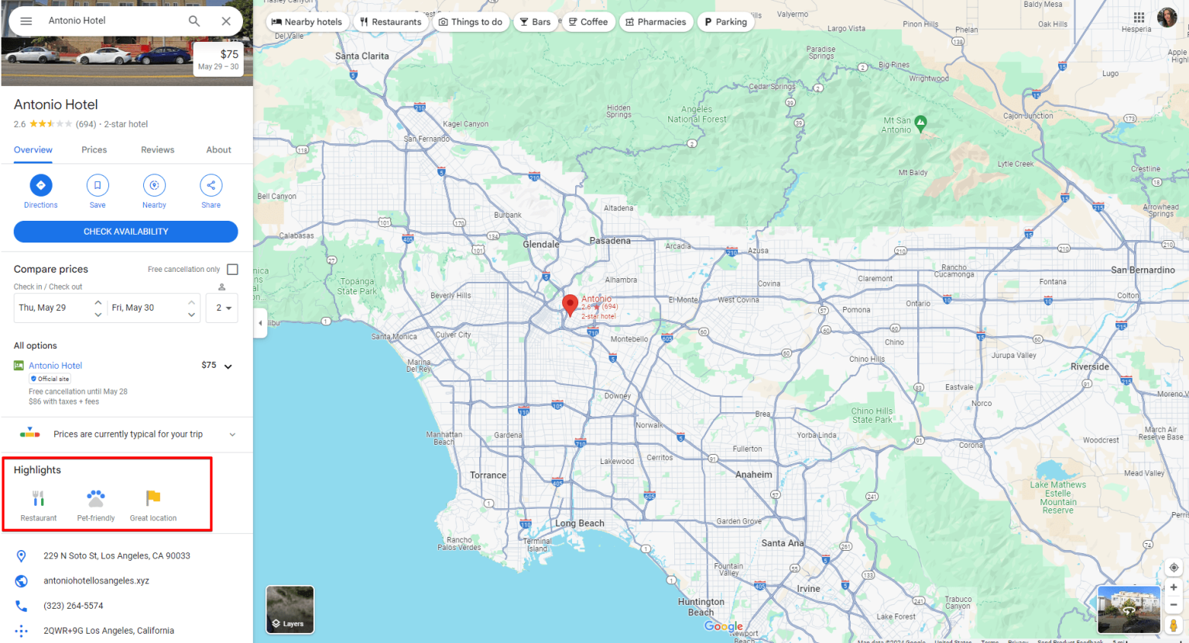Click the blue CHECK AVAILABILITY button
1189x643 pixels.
(125, 232)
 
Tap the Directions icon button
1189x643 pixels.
(41, 186)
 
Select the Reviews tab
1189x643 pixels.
(157, 150)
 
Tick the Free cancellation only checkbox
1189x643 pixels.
(232, 270)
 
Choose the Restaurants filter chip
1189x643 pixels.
(392, 22)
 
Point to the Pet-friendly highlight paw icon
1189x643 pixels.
(96, 498)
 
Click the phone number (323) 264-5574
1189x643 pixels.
(74, 606)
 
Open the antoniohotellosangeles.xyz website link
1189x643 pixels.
(96, 581)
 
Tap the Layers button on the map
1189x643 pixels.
(290, 610)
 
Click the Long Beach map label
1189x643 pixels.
(580, 524)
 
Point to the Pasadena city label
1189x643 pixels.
(610, 241)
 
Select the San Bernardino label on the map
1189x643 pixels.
(1143, 270)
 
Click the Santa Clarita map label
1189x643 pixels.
(361, 57)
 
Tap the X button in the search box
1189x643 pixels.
(226, 21)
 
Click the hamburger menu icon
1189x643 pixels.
(26, 21)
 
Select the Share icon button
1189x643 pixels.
(211, 186)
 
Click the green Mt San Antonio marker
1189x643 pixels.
(920, 122)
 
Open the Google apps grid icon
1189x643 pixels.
(1139, 17)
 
